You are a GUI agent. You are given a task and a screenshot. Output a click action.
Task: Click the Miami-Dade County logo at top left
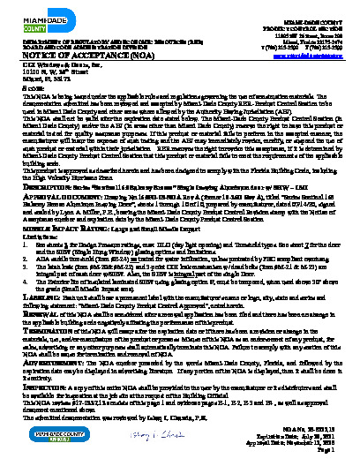tap(30, 16)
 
